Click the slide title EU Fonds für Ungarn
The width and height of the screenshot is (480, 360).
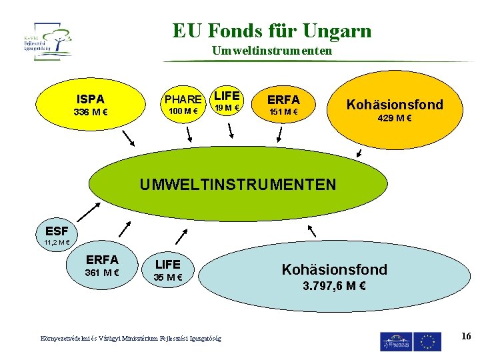[272, 31]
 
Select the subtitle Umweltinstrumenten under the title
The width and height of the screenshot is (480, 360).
[271, 51]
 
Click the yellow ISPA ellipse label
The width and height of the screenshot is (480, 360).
[91, 99]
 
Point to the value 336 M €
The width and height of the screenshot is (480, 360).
[91, 112]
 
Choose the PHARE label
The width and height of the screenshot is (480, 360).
[183, 99]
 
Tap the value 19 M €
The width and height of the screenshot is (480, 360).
[227, 108]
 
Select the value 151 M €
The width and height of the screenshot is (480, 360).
[283, 111]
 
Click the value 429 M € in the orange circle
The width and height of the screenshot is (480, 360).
[395, 118]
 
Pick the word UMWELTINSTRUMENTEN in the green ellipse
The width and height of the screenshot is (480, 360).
[238, 184]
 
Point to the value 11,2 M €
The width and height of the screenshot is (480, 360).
[57, 243]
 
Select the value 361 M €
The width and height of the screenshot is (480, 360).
[102, 273]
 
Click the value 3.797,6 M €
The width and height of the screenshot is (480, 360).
[335, 287]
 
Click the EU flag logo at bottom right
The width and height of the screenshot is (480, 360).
[427, 341]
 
